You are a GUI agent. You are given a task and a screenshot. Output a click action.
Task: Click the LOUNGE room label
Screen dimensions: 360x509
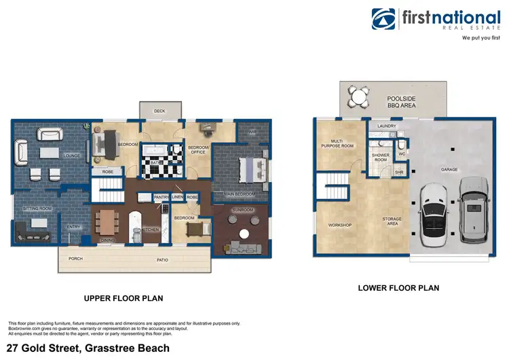click(72, 156)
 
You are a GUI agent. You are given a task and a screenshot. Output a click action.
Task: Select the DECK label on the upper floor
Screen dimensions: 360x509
click(159, 110)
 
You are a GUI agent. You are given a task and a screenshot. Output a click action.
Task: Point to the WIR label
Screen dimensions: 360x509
click(252, 132)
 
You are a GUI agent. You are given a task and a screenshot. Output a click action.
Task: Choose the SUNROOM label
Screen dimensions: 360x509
click(243, 210)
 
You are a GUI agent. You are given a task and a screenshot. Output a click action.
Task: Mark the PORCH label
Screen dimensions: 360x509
click(75, 258)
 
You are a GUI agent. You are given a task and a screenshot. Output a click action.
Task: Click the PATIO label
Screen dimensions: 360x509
click(162, 258)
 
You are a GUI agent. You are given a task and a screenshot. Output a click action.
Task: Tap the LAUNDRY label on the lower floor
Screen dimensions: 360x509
click(386, 126)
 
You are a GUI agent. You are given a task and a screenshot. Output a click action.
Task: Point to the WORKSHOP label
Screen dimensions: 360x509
click(339, 225)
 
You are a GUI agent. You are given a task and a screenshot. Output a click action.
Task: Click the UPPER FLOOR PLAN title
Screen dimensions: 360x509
click(123, 298)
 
